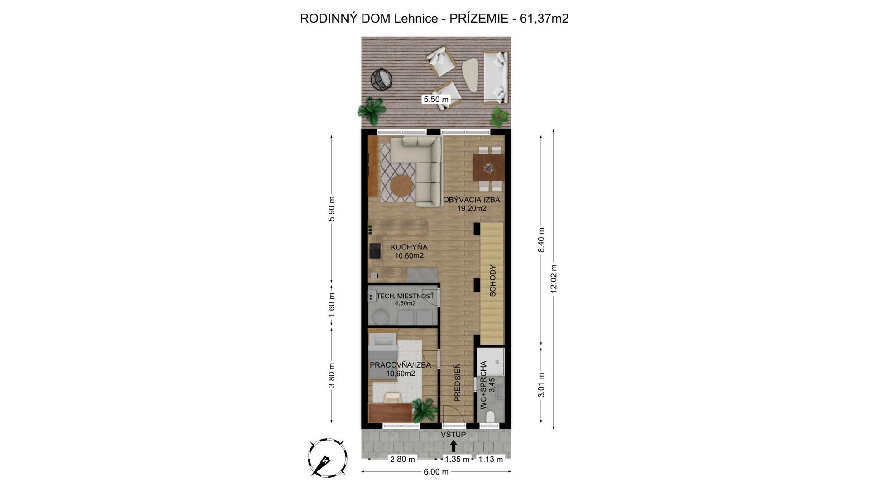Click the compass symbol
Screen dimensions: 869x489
328,457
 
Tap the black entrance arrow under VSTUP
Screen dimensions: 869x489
454,446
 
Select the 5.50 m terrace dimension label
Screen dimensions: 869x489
436,99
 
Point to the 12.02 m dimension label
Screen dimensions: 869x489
554,279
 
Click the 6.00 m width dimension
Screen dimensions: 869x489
436,472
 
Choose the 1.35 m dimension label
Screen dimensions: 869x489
457,459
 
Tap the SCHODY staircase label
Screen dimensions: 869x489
493,281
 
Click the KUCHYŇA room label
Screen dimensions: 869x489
409,247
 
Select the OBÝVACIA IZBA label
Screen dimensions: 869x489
472,200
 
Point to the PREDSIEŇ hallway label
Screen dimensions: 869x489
457,382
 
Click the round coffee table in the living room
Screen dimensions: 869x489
401,185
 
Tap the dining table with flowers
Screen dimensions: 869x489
488,168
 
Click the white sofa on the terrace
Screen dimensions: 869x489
496,77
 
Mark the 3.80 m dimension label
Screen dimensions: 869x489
332,375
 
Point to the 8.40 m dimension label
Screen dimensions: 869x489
541,240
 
